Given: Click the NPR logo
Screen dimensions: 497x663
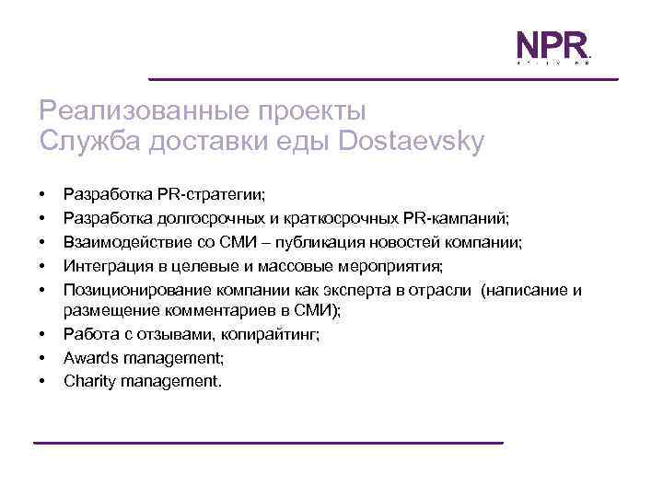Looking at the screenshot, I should (550, 48).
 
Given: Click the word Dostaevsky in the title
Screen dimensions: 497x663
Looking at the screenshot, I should (411, 142).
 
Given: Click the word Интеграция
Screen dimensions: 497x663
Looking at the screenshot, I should (102, 267).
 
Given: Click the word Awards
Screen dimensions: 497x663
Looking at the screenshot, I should (88, 359).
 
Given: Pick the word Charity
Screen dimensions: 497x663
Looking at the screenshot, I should (88, 380).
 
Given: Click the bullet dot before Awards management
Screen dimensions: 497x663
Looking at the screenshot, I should (43, 359).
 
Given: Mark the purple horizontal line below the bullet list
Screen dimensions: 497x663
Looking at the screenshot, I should (268, 443).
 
